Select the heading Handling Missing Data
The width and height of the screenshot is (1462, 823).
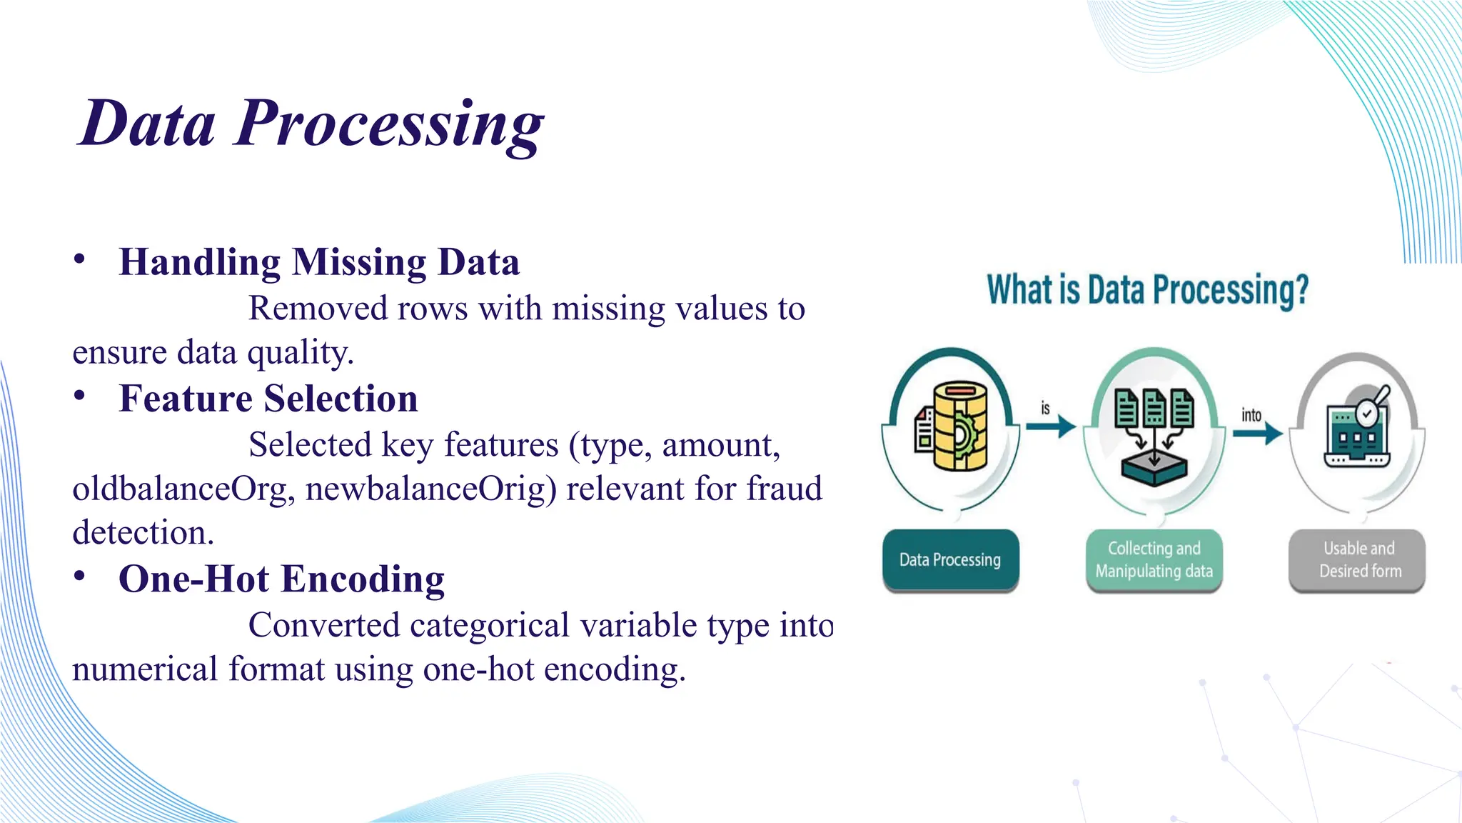click(319, 262)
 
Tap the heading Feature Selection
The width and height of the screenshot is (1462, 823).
click(268, 399)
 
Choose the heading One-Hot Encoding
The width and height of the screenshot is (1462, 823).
click(281, 579)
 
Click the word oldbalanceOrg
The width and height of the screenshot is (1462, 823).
click(183, 489)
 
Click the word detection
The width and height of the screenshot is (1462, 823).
click(143, 533)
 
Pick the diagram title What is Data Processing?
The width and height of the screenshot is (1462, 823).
click(1147, 291)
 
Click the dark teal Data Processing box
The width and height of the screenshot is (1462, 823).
click(950, 560)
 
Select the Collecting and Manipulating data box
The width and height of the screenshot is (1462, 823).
click(1154, 560)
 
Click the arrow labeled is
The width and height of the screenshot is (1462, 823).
click(1051, 427)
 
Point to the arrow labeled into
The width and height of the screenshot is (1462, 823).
click(1257, 432)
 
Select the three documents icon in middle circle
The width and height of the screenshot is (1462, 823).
click(1154, 409)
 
